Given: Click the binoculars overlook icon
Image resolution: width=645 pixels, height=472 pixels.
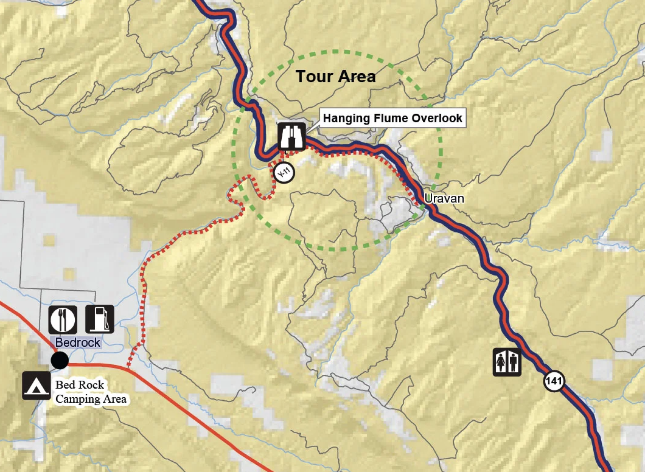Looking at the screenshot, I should coord(292,136).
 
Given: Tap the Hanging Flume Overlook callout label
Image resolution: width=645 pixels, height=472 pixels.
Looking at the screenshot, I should coord(392,118).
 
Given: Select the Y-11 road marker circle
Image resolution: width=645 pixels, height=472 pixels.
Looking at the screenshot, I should coord(284,173).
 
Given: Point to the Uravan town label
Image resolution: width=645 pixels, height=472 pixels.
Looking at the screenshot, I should coord(444,198).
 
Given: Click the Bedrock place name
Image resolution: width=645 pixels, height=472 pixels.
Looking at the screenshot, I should coord(78,342).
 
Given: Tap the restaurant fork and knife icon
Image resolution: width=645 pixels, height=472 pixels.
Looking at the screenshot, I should coord(62,320).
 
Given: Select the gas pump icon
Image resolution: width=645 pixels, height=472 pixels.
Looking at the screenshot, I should coord(100,319).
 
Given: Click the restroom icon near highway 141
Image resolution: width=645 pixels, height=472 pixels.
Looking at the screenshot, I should coord(507,362).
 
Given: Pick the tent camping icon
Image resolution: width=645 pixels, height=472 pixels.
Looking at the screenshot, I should coord(36,385).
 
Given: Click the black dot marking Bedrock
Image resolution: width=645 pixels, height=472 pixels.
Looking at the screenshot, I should coord(60,360).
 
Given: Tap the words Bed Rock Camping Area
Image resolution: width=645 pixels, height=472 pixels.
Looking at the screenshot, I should coord(90,392).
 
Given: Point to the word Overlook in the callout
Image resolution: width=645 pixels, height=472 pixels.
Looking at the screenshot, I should coord(437,118).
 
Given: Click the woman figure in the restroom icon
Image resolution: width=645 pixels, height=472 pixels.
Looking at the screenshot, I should coord(501,362).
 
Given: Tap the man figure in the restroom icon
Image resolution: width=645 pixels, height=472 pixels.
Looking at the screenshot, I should coord(513,362).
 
